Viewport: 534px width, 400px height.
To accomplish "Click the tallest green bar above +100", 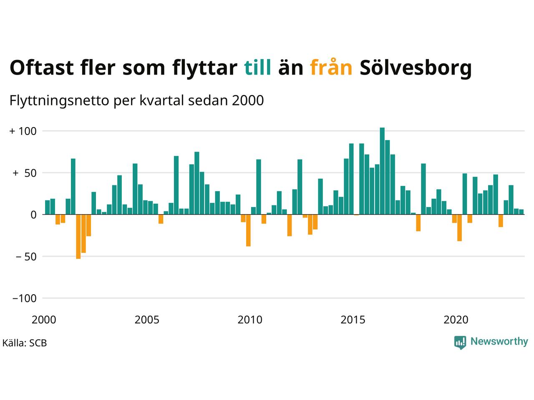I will pos(382,171).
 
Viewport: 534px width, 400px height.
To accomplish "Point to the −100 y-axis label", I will pos(24,298).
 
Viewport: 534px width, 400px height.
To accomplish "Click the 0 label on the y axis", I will pos(33,215).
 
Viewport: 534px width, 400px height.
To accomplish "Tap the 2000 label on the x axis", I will pos(44,320).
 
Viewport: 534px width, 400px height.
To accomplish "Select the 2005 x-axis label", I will pos(147,320).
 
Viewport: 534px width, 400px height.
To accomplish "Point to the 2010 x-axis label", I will pos(250,320).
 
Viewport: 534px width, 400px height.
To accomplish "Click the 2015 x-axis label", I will pos(353,320).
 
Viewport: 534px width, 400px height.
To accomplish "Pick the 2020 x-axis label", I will pos(456,320).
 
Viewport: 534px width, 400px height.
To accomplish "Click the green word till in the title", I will pos(257,67).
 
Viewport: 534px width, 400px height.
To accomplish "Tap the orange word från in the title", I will pos(331,67).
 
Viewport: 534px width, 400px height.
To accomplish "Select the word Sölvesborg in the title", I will pos(416,67).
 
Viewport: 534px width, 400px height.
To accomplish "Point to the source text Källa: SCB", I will pos(25,343).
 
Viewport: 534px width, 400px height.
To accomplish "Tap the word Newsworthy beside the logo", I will pos(499,342).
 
